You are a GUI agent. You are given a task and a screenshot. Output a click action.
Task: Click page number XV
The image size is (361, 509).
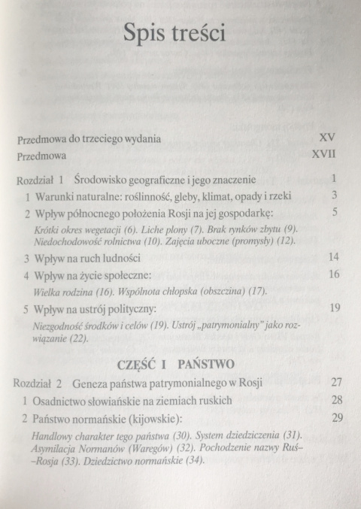click(x=326, y=139)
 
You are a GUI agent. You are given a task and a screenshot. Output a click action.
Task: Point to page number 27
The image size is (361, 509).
click(x=330, y=382)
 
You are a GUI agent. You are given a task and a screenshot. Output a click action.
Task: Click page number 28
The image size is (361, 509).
click(x=330, y=399)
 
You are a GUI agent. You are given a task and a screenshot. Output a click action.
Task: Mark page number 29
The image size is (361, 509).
click(x=330, y=417)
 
